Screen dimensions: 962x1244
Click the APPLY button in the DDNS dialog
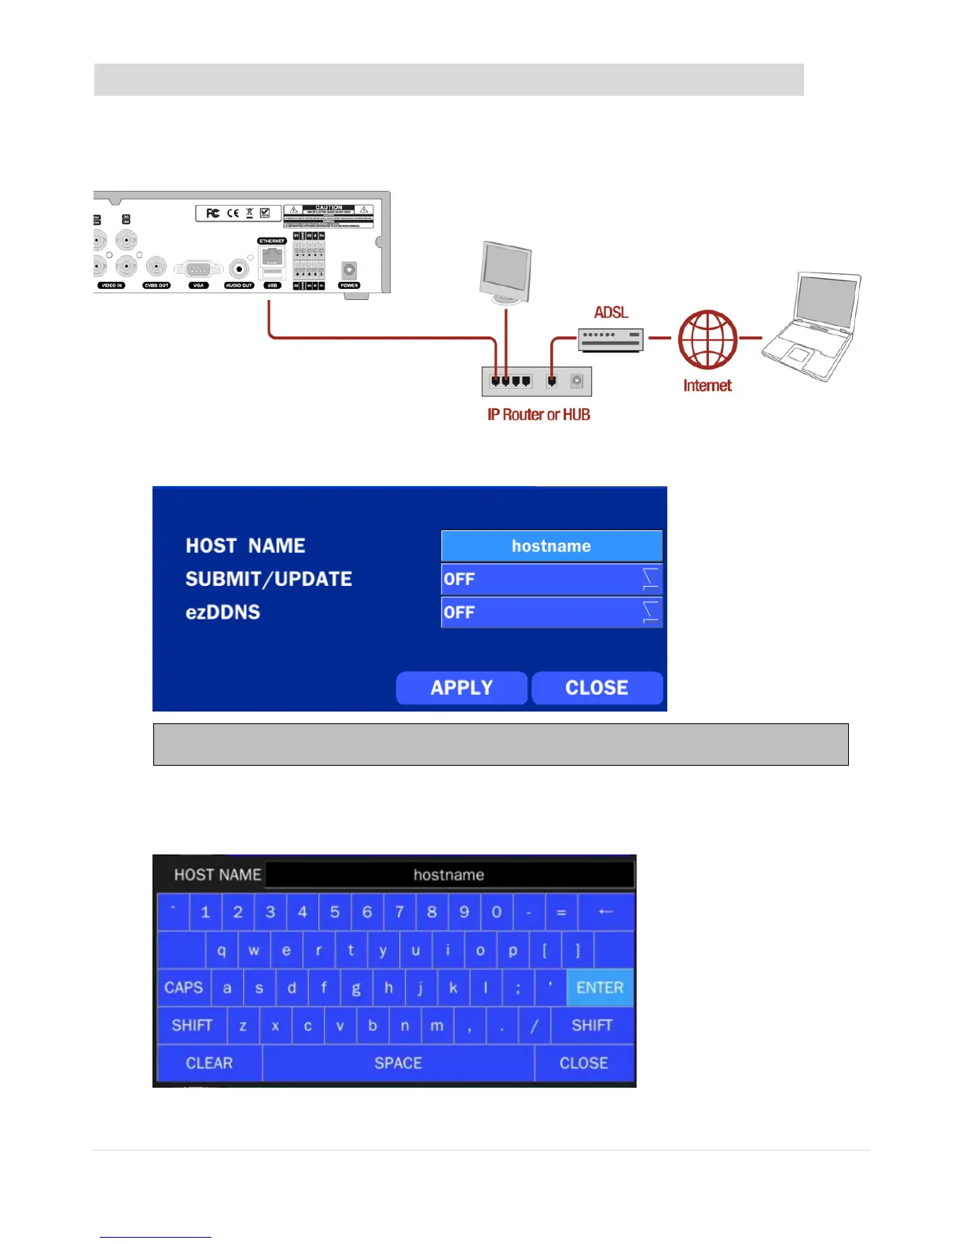point(461,688)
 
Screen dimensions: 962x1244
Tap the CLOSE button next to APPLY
point(597,688)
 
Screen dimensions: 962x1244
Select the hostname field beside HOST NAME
point(551,546)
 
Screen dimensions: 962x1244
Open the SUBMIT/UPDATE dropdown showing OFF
point(551,580)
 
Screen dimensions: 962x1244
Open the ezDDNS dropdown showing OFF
point(551,613)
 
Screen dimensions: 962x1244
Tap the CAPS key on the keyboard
point(184,988)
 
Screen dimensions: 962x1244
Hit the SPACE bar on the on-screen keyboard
point(398,1063)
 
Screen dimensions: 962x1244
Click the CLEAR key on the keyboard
point(209,1063)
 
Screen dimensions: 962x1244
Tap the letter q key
point(222,950)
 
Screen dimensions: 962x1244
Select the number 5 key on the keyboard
point(335,913)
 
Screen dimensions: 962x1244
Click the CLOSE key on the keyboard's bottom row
point(584,1063)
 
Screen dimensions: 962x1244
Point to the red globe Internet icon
point(707,339)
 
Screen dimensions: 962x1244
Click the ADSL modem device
point(611,339)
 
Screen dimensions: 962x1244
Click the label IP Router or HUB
point(538,415)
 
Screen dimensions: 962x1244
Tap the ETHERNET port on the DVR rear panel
point(272,256)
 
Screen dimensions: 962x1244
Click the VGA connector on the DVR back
point(199,269)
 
